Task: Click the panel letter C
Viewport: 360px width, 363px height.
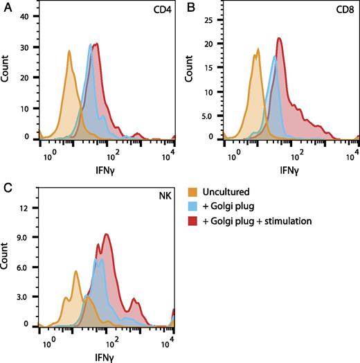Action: [x=6, y=187]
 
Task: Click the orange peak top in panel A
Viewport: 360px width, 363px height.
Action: [x=69, y=51]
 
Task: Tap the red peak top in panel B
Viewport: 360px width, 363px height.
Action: [x=279, y=38]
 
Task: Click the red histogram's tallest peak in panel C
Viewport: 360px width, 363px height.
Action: [x=107, y=234]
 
